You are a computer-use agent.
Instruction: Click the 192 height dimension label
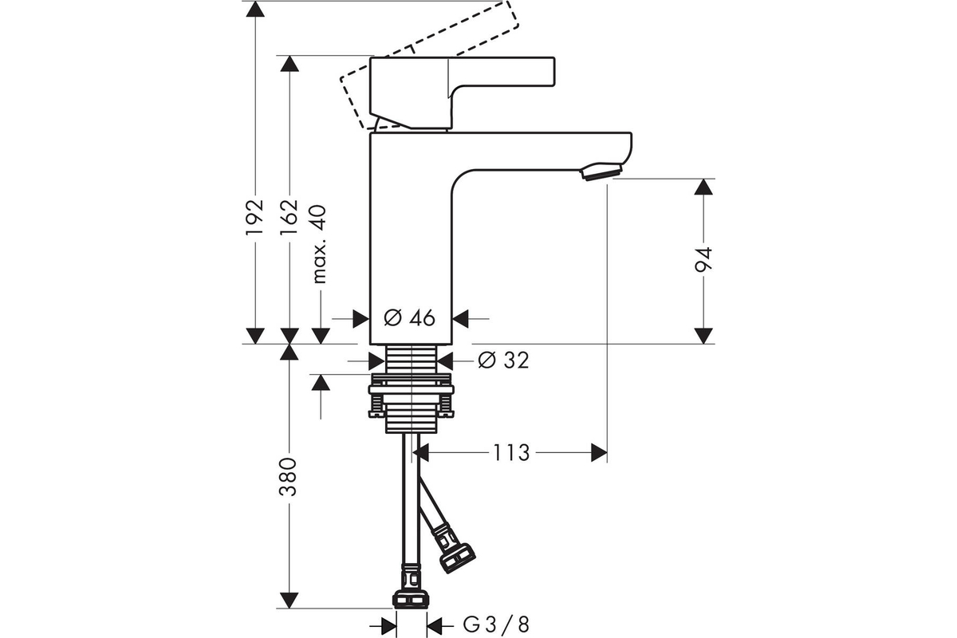click(254, 217)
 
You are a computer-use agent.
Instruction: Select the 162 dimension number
click(289, 217)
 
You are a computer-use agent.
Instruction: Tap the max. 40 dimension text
click(319, 244)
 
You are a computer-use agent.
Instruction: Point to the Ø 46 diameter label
click(409, 318)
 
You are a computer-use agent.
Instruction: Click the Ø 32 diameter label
click(503, 360)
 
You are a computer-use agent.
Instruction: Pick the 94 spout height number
click(703, 259)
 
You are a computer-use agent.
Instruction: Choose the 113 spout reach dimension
click(511, 453)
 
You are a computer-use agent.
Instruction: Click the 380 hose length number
click(288, 477)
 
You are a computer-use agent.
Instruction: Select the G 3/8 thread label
click(496, 625)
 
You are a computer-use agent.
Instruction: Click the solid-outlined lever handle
click(462, 93)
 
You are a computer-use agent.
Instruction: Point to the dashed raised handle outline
click(429, 64)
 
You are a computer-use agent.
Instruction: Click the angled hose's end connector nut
click(458, 557)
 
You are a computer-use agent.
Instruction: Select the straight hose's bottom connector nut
click(410, 599)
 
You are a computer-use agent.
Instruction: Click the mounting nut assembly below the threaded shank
click(411, 396)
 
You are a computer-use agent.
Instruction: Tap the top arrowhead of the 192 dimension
click(255, 9)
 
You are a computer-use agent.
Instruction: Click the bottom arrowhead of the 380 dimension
click(289, 600)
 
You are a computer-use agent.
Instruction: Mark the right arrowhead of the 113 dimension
click(599, 453)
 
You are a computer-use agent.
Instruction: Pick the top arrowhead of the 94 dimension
click(703, 187)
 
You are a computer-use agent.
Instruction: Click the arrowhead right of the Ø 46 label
click(460, 318)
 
